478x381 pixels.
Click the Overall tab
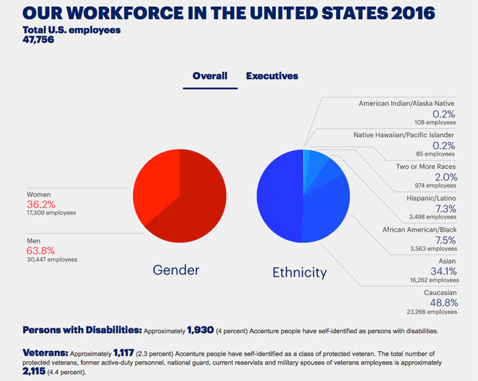[210, 76]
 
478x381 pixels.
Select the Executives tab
[272, 76]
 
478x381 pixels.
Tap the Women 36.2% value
[41, 204]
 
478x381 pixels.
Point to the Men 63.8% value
[41, 250]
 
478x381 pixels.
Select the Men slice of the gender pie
[198, 205]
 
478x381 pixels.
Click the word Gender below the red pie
[176, 270]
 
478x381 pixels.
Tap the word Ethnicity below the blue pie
[300, 272]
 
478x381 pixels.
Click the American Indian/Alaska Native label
[407, 103]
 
